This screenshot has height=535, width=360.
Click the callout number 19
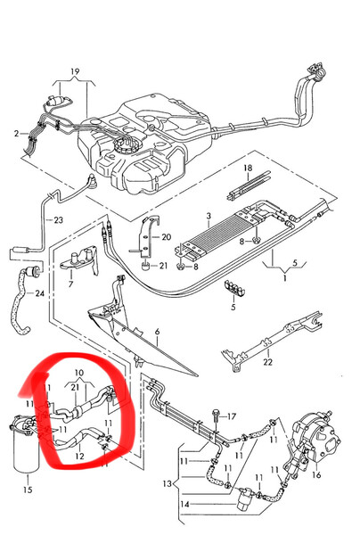click(x=75, y=71)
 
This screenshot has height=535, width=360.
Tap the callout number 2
click(x=16, y=134)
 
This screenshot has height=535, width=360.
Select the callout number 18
click(x=248, y=168)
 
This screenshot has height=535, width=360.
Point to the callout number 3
click(x=209, y=216)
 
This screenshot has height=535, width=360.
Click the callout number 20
click(x=167, y=237)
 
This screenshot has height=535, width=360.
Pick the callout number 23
click(x=59, y=220)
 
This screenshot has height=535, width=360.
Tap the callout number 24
click(x=40, y=293)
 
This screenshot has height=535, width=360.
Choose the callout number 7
click(x=71, y=284)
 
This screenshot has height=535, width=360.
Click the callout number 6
click(x=157, y=332)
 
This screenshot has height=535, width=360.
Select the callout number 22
click(x=268, y=362)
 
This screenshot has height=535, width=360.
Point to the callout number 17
click(x=232, y=416)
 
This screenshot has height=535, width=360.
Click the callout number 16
click(x=316, y=474)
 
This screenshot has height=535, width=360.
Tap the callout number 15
click(x=28, y=490)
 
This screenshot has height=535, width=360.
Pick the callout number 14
click(x=184, y=504)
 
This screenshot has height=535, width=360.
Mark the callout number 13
click(x=167, y=484)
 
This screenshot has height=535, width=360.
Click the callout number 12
click(x=79, y=457)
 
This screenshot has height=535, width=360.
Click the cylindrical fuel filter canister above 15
click(x=26, y=446)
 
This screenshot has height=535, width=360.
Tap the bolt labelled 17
click(x=216, y=417)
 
